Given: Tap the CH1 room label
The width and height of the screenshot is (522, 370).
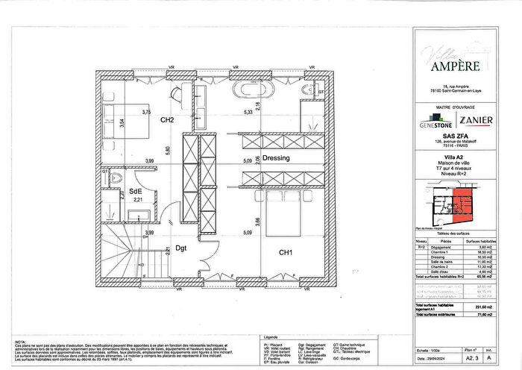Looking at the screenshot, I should point(285,252).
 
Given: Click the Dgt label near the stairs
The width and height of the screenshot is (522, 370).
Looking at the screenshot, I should point(181,248).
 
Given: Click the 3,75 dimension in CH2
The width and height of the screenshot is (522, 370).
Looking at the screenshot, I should point(147,112).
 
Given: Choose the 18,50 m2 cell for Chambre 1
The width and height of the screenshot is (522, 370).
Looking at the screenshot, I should point(475,254).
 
